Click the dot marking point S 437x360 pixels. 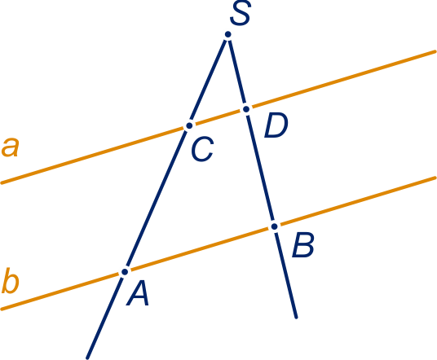(x=228, y=34)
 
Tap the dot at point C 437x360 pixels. (x=189, y=125)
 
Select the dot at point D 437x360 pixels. (x=246, y=109)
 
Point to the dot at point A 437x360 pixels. (x=125, y=272)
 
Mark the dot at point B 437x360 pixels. (x=275, y=226)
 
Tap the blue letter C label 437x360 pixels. (x=202, y=149)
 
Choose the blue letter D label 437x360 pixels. (x=276, y=125)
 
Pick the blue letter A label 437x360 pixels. (x=138, y=293)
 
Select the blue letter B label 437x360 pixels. (x=303, y=244)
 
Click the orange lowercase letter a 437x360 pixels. (x=11, y=147)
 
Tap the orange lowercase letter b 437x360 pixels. (x=11, y=281)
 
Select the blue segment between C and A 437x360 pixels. (x=157, y=199)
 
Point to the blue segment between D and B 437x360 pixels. (x=260, y=168)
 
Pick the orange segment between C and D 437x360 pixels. (x=218, y=117)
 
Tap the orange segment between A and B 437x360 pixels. (x=200, y=249)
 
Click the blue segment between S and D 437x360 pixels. (x=237, y=72)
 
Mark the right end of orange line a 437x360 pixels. (x=435, y=51)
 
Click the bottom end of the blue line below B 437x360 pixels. (x=297, y=317)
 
